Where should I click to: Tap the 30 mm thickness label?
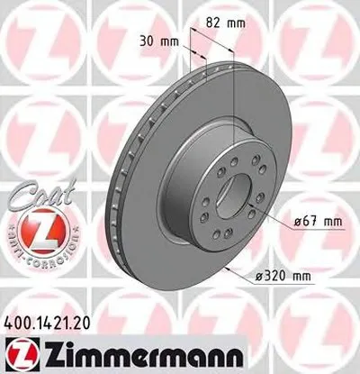(157, 40)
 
